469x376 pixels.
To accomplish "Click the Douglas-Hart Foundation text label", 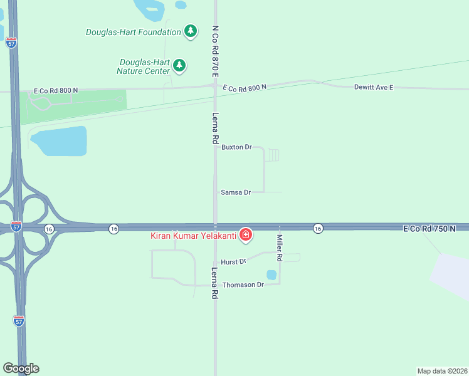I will tap(133, 32).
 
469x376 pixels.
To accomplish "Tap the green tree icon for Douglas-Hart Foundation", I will tap(191, 31).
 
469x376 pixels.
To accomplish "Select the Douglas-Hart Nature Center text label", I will tap(144, 66).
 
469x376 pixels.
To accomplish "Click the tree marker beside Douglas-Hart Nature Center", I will tap(180, 65).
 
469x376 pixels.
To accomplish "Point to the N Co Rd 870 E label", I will tap(215, 51).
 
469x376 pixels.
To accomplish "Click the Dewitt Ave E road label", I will tap(373, 87).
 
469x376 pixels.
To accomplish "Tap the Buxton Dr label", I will tap(236, 147).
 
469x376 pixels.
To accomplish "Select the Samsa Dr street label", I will tap(236, 192).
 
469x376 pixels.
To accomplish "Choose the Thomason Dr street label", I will tap(243, 285).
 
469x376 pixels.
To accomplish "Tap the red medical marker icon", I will tap(246, 235).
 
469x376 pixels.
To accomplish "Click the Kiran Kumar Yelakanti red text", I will tap(192, 236).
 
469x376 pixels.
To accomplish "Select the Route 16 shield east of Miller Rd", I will tap(318, 228).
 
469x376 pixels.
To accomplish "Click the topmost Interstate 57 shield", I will tap(10, 43).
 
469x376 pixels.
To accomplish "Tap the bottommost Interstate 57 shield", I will tap(19, 321).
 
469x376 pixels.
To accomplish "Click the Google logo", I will tap(21, 368).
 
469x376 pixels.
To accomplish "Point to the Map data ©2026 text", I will tap(442, 370).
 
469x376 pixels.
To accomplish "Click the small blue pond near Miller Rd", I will tap(271, 274).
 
